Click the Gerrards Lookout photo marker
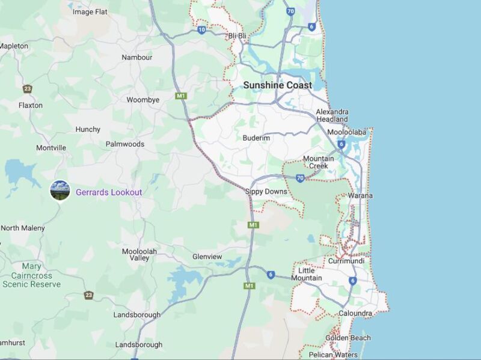coord(60,191)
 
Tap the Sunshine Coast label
coord(277,85)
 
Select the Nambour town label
coord(137,58)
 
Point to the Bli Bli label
coord(237,36)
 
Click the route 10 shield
coord(201,29)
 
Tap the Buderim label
coord(256,138)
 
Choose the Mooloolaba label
coord(347,132)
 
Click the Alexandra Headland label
coord(332,115)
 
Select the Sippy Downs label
coord(266,192)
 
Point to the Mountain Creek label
coord(318,162)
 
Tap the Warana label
coord(360,196)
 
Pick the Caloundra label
coord(355,313)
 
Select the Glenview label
coord(207,257)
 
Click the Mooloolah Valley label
coord(135,254)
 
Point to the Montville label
coord(51,148)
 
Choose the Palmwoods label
coord(125,144)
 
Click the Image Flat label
coord(90,11)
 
